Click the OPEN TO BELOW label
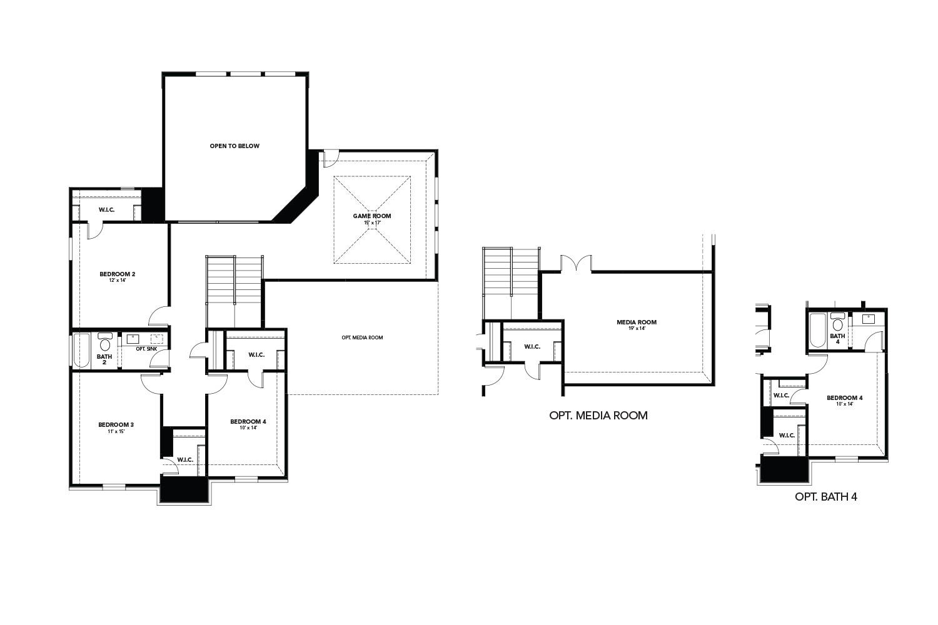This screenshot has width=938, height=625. point(234,146)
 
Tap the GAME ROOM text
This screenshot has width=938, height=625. point(372,216)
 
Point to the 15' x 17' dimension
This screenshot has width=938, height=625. point(372,222)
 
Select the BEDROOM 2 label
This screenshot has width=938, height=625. point(118,274)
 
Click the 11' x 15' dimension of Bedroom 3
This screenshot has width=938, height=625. point(116,431)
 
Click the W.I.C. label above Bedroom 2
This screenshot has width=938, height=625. point(106,209)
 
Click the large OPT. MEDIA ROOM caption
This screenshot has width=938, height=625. point(598,415)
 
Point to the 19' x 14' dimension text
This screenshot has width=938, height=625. point(637,329)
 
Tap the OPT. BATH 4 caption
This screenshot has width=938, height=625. point(825,497)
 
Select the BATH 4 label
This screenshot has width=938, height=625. point(838,339)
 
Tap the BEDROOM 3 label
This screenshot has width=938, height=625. point(116,424)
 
